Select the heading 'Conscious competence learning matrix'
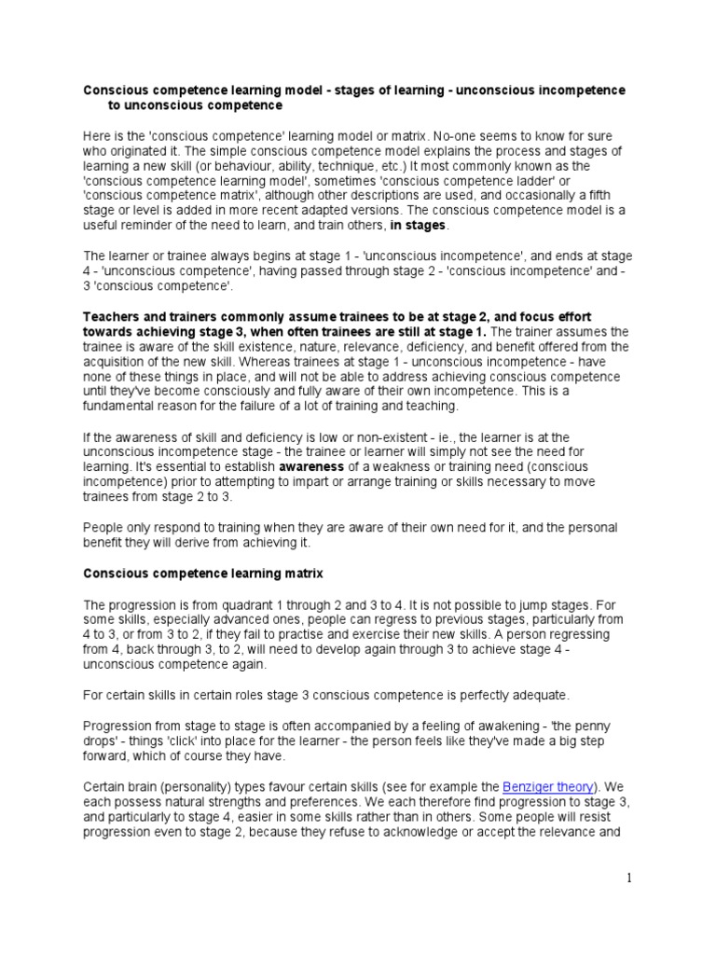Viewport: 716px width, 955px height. pos(203,573)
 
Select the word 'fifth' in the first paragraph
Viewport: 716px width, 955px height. pos(611,195)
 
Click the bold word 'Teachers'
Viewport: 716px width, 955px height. pos(114,316)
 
